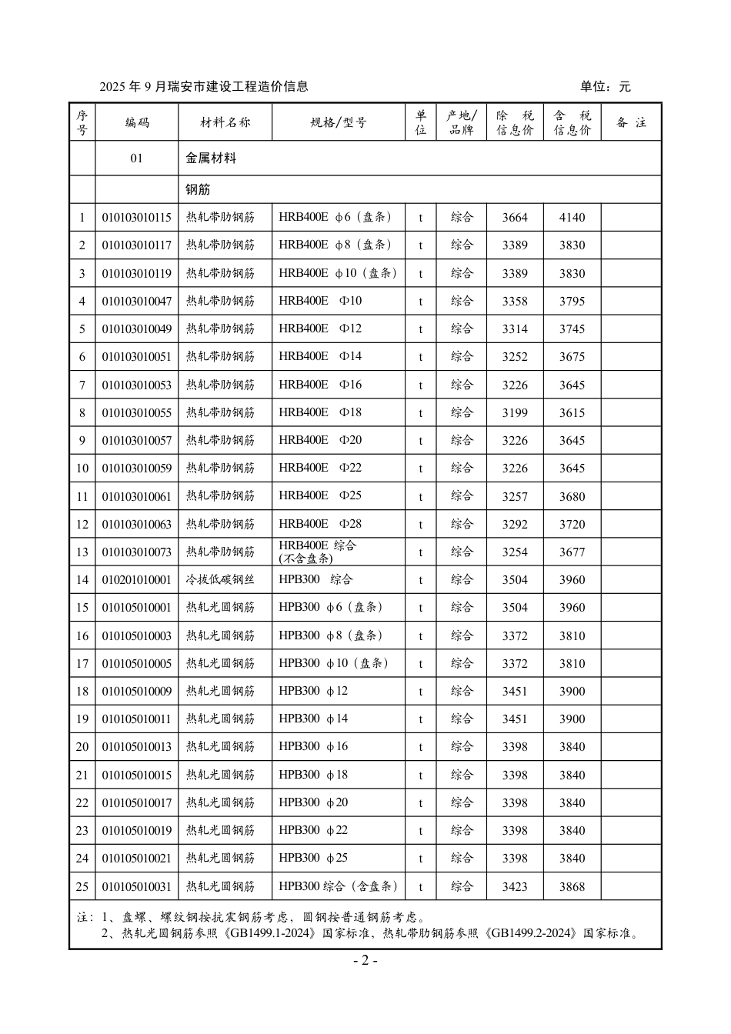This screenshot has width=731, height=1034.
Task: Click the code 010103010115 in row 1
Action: click(x=136, y=218)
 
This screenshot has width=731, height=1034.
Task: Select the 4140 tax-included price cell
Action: click(x=572, y=218)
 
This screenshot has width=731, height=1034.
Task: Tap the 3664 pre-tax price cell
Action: click(x=515, y=218)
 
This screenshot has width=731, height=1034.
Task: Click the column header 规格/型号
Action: click(x=339, y=122)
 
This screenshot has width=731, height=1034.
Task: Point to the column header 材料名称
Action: click(x=225, y=122)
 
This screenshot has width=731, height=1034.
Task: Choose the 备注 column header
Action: click(x=631, y=122)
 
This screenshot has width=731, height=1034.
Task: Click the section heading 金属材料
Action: click(x=211, y=158)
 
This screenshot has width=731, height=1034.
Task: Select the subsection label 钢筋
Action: click(x=198, y=189)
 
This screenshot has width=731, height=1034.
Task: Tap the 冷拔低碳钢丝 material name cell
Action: click(x=220, y=579)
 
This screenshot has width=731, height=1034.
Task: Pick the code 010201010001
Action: click(x=136, y=580)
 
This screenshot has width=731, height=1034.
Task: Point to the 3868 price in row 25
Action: click(x=572, y=886)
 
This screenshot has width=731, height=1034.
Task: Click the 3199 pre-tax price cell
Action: click(x=515, y=413)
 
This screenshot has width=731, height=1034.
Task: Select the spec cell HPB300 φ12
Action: click(x=313, y=691)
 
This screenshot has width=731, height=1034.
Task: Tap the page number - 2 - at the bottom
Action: click(x=365, y=961)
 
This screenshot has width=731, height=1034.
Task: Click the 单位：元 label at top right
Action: click(x=605, y=86)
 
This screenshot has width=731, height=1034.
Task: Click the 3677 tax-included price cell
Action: click(x=572, y=552)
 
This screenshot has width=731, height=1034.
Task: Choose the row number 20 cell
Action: click(x=82, y=747)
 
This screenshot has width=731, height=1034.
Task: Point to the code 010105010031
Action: click(x=136, y=886)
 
